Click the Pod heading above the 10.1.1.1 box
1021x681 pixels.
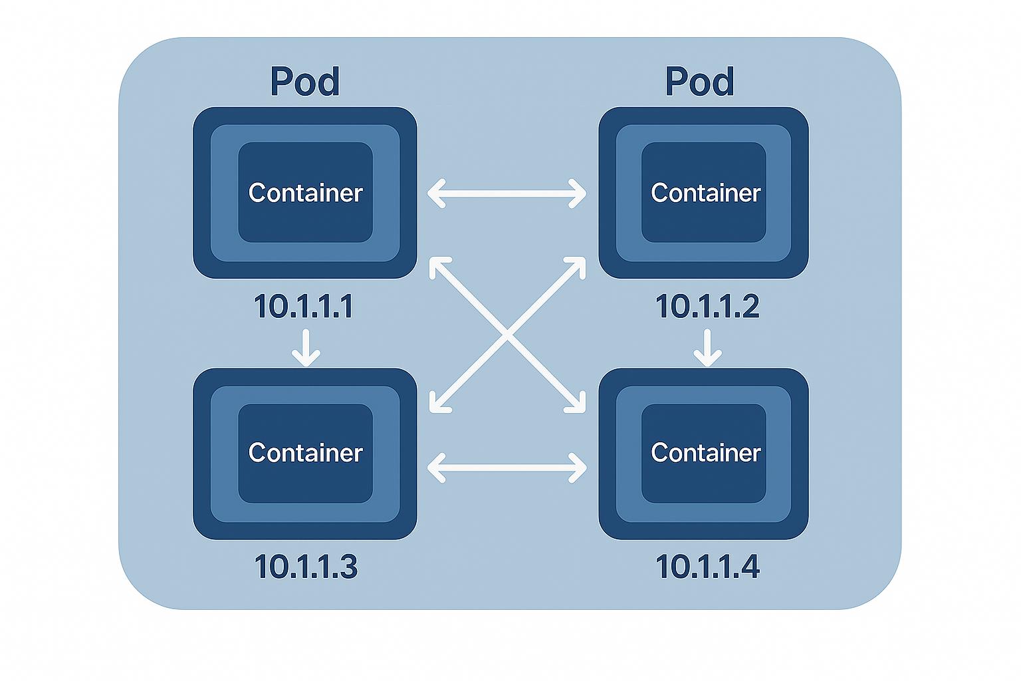click(305, 82)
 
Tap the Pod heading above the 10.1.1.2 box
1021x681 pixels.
click(700, 82)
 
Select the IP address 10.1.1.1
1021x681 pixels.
click(303, 307)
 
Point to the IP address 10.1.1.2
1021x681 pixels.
click(707, 307)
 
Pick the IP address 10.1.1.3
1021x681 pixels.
click(306, 567)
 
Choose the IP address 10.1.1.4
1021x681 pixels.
click(707, 567)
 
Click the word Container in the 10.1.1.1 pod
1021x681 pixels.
click(306, 193)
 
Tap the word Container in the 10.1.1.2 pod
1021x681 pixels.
click(705, 193)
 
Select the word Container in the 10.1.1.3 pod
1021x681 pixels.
click(306, 453)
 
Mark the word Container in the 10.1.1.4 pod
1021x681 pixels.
click(705, 453)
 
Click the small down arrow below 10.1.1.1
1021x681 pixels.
click(306, 347)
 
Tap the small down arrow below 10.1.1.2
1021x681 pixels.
click(707, 347)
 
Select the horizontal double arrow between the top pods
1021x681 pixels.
click(507, 194)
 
